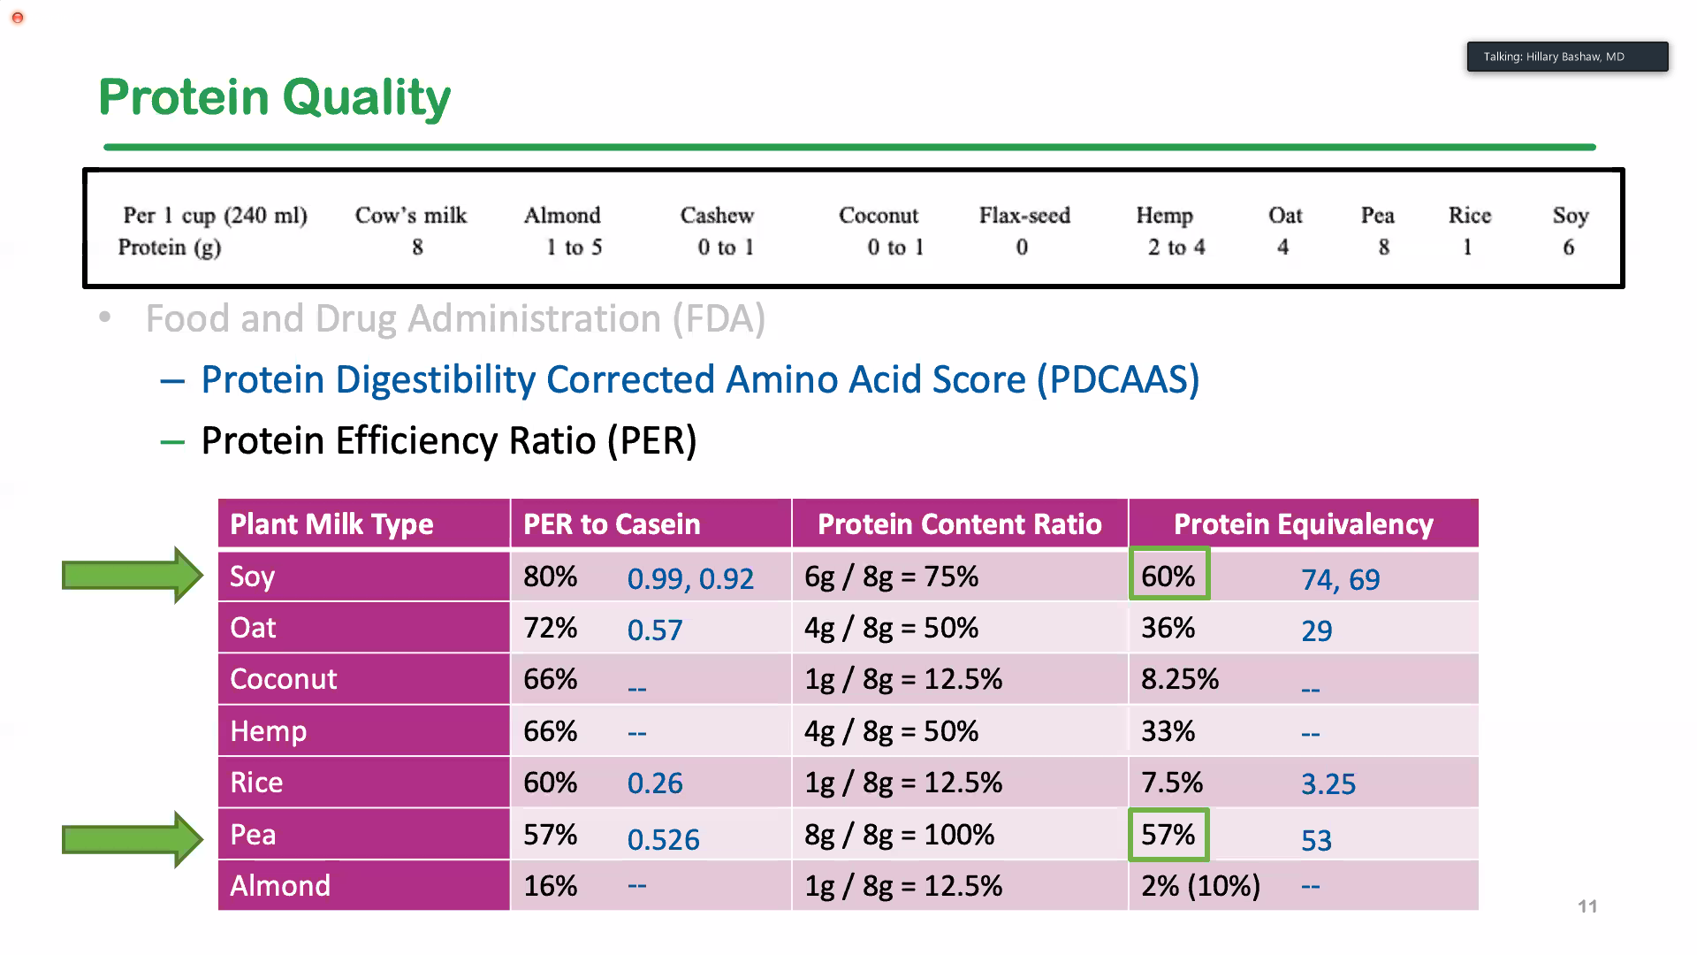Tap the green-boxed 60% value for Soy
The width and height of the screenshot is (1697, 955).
(x=1168, y=576)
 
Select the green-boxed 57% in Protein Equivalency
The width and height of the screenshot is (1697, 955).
(x=1168, y=835)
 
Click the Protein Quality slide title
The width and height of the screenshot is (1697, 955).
(x=274, y=97)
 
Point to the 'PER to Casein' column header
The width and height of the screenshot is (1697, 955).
(x=612, y=524)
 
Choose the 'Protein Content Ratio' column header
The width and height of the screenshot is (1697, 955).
(x=960, y=524)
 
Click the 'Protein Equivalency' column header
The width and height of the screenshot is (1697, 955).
(x=1303, y=524)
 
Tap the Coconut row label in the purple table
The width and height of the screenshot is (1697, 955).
(x=284, y=679)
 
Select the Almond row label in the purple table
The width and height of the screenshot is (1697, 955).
(x=280, y=886)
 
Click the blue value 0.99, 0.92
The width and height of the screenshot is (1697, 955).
(x=690, y=579)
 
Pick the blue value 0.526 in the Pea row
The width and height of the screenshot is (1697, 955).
(x=663, y=839)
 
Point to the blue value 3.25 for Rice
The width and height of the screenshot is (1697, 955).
(x=1328, y=784)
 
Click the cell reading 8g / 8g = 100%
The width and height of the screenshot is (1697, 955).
(x=899, y=835)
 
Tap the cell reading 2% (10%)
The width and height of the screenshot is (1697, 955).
(x=1200, y=886)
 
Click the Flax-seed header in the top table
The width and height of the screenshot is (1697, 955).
(x=1024, y=216)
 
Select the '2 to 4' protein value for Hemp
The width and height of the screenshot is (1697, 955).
(x=1176, y=248)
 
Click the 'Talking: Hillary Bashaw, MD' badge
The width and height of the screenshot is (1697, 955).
(x=1567, y=57)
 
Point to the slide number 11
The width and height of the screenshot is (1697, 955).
(x=1587, y=906)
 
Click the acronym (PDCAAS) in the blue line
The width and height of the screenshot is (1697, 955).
(x=1118, y=380)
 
